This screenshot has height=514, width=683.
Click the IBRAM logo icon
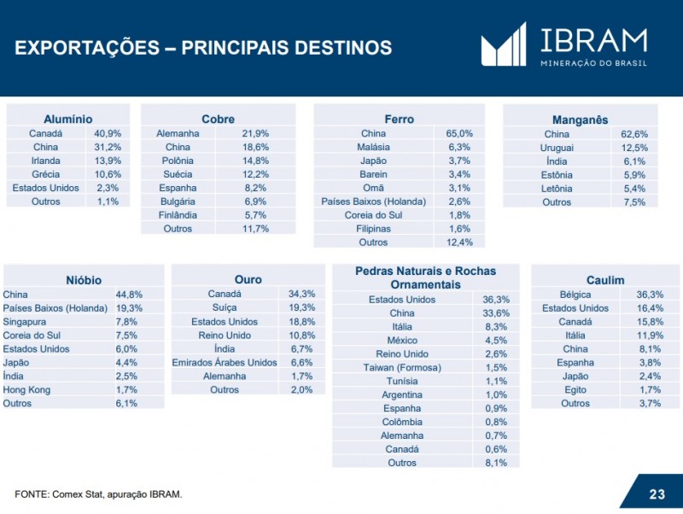pyautogui.click(x=504, y=44)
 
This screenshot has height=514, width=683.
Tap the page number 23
pyautogui.click(x=657, y=494)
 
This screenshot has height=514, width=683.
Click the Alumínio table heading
pyautogui.click(x=67, y=120)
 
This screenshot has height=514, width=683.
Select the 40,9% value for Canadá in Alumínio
pyautogui.click(x=108, y=134)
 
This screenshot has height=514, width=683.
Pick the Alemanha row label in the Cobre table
pyautogui.click(x=178, y=134)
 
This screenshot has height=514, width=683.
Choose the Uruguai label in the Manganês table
pyautogui.click(x=557, y=148)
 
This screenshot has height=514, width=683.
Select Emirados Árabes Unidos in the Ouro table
pyautogui.click(x=225, y=362)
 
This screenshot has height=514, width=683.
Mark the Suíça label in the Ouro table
pyautogui.click(x=225, y=307)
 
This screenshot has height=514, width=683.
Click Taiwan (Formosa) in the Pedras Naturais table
pyautogui.click(x=401, y=367)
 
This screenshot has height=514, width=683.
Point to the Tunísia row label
pyautogui.click(x=401, y=381)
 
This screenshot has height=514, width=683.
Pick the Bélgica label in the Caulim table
pyautogui.click(x=575, y=295)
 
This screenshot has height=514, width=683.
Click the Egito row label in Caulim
pyautogui.click(x=575, y=390)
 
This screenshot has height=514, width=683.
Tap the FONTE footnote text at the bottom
pyautogui.click(x=98, y=494)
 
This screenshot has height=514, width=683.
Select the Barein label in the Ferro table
pyautogui.click(x=373, y=175)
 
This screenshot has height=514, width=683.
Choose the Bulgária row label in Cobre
pyautogui.click(x=178, y=202)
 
